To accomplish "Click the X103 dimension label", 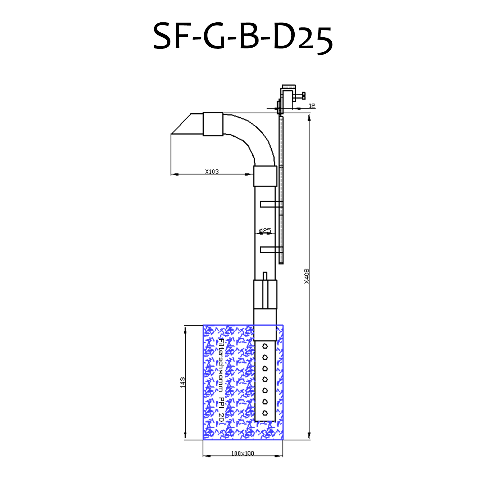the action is coord(212,172).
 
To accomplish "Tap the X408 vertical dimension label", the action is coord(307,276).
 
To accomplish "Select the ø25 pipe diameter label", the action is coord(265,230).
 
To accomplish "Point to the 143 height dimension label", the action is coord(183,383).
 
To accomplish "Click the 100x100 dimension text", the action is coord(243,453).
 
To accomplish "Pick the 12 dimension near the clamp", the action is coord(312,106).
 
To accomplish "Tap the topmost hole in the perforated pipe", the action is coord(265,346).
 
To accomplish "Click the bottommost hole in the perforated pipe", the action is coord(265,413).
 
